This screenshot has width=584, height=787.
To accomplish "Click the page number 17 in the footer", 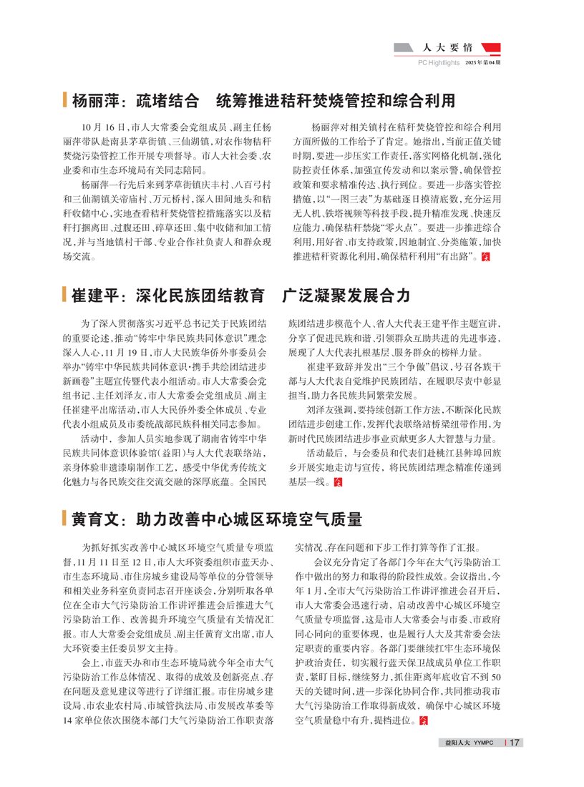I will [513, 743].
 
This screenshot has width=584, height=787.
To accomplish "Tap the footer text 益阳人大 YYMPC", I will [470, 743].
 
